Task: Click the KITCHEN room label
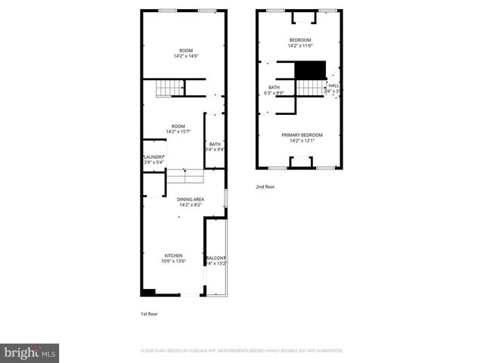[174, 256]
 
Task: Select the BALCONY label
[216, 258]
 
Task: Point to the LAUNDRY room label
[154, 157]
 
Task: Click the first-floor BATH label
[216, 144]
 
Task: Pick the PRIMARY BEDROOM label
[302, 135]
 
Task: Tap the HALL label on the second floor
[334, 85]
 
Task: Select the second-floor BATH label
[274, 88]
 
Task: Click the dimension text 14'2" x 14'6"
[186, 56]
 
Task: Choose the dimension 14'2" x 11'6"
[300, 45]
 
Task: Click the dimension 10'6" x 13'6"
[174, 261]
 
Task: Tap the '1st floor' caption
[149, 313]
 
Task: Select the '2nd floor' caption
[265, 186]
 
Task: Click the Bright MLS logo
[30, 352]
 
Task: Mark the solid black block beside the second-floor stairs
[309, 70]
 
